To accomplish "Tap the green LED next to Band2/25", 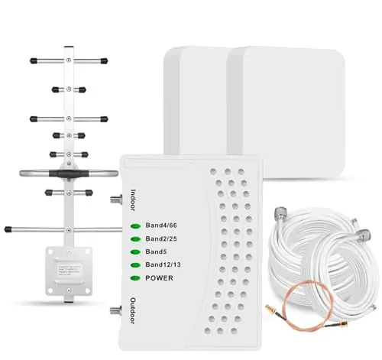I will click(x=135, y=239).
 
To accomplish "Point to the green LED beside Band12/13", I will click(x=135, y=265).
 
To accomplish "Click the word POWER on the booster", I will click(x=161, y=277).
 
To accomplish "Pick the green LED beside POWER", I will click(x=135, y=278).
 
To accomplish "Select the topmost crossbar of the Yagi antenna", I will click(x=66, y=60).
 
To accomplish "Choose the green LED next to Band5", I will click(x=135, y=252).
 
